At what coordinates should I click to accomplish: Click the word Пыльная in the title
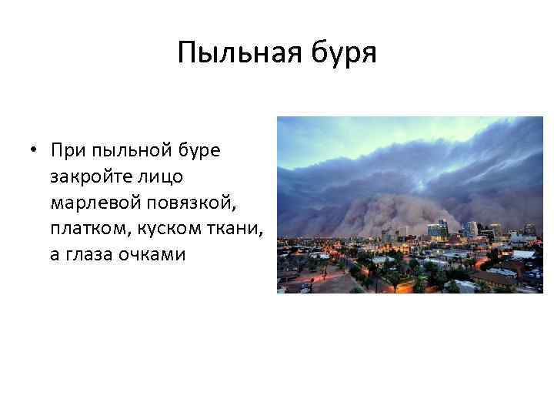pyautogui.click(x=229, y=54)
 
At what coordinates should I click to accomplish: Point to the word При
pyautogui.click(x=68, y=149)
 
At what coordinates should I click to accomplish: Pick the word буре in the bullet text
pyautogui.click(x=199, y=151)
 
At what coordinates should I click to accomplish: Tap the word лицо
pyautogui.click(x=159, y=176)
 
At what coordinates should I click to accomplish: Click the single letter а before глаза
pyautogui.click(x=55, y=255)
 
